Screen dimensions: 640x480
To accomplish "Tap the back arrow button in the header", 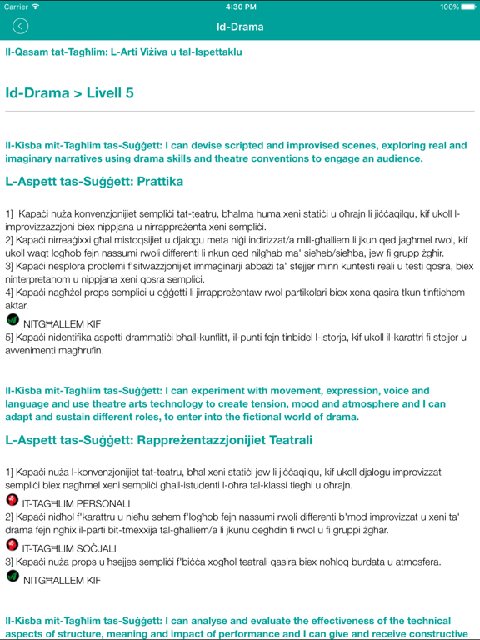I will [21, 27].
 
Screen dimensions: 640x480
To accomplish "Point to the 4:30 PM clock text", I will [240, 7].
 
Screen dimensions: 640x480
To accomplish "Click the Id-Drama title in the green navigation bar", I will [240, 27].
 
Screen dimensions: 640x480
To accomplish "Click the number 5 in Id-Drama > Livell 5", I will [129, 93].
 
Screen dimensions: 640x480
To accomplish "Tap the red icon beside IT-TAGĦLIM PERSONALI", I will [12, 501].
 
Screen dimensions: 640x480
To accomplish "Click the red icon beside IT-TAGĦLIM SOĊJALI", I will [12, 545].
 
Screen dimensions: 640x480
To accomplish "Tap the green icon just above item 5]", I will [12, 319].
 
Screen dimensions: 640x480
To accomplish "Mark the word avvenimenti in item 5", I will [32, 350].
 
